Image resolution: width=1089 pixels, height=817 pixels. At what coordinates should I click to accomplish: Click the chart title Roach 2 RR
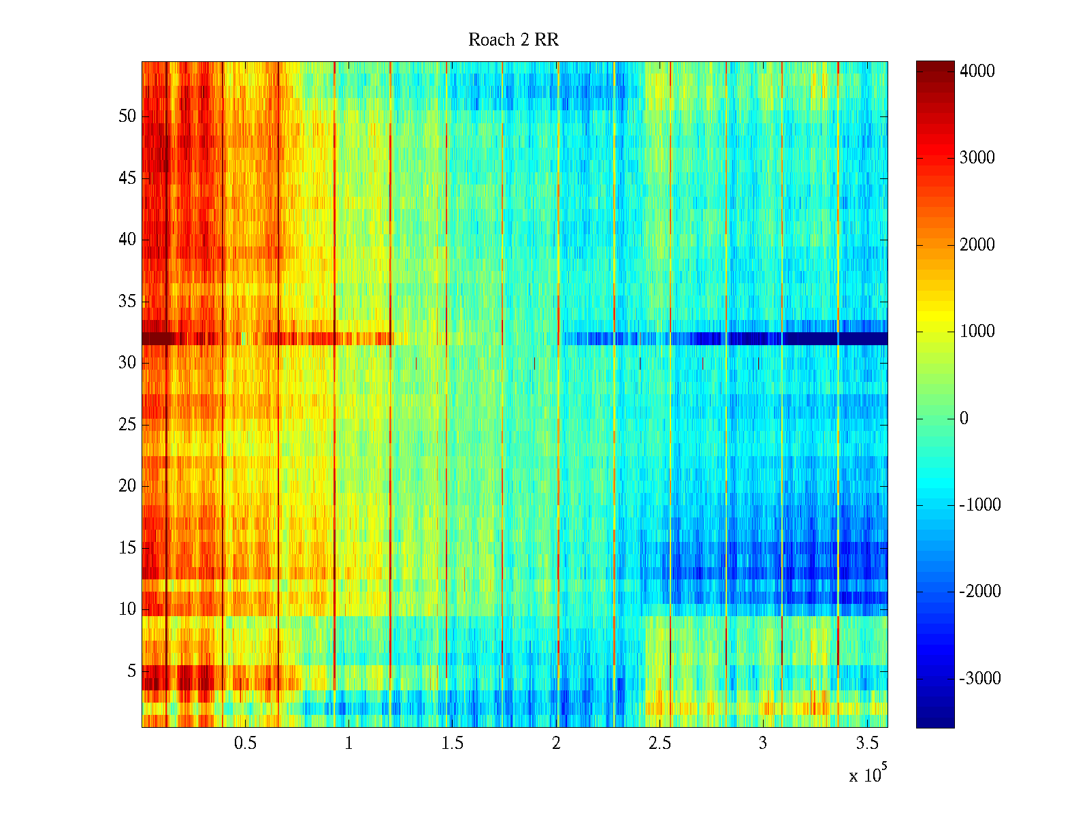click(x=513, y=40)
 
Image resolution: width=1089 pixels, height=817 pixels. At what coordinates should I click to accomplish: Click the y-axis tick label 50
click(x=127, y=116)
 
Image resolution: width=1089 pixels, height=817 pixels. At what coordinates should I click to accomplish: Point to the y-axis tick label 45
click(x=127, y=178)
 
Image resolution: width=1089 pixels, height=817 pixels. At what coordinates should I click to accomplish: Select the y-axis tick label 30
click(x=127, y=363)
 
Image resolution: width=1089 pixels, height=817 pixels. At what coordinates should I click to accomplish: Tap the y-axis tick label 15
click(x=127, y=548)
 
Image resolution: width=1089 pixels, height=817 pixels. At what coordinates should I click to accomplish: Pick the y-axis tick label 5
click(x=131, y=671)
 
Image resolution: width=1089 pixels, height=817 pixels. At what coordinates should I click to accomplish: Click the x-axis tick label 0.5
click(x=245, y=743)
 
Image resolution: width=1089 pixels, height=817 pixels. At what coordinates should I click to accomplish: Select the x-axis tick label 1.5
click(x=453, y=743)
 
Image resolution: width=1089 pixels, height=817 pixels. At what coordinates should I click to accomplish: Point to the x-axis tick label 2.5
click(x=660, y=743)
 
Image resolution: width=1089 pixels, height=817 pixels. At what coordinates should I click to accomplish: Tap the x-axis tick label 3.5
click(x=867, y=743)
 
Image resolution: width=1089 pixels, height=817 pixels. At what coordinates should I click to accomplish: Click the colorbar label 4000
click(x=977, y=71)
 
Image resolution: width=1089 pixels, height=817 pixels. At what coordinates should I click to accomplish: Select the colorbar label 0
click(x=964, y=418)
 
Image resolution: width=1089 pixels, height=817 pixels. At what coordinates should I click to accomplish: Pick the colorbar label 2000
click(x=977, y=245)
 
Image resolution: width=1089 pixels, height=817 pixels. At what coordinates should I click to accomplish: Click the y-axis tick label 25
click(x=127, y=425)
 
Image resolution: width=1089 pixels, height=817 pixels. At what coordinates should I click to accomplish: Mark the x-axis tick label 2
click(x=556, y=743)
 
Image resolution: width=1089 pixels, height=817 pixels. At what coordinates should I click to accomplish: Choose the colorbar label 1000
click(x=977, y=332)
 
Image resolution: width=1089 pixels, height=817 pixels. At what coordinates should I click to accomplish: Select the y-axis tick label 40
click(x=127, y=240)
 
